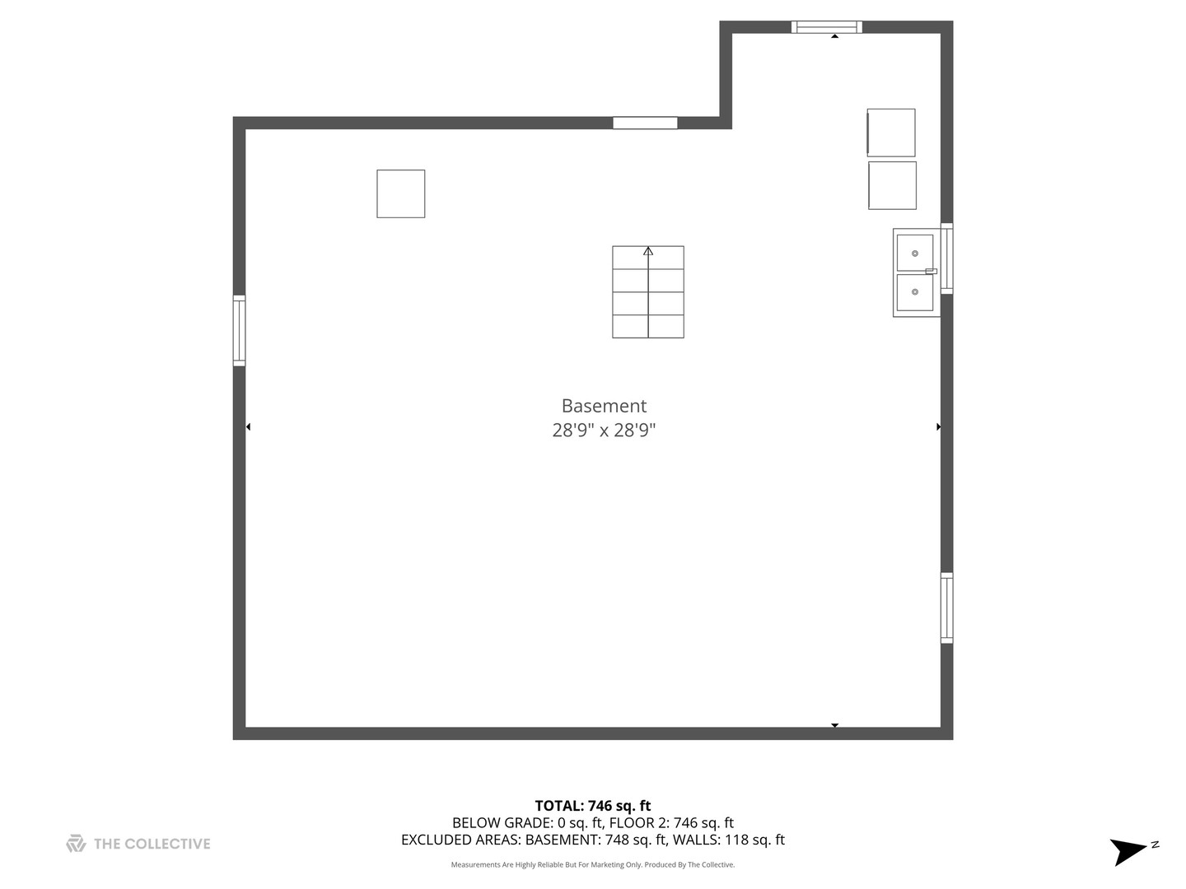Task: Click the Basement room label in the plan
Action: point(604,406)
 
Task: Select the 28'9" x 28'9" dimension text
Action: point(604,430)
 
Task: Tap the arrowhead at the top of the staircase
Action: point(648,251)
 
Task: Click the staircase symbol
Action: point(648,292)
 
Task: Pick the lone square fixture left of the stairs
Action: point(401,194)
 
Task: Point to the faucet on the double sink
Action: point(931,271)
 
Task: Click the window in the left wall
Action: point(239,330)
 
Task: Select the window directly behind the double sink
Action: point(947,258)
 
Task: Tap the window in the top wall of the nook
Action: point(827,27)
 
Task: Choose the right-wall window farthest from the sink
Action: point(947,607)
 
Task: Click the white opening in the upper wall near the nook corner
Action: point(645,123)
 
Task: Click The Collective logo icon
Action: point(76,843)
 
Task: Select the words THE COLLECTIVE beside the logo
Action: point(152,844)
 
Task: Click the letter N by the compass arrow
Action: point(1156,845)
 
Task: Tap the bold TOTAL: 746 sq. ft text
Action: point(593,806)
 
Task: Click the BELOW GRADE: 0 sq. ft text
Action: point(527,822)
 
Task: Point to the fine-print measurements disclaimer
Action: point(593,865)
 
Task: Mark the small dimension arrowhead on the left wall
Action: point(248,426)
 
